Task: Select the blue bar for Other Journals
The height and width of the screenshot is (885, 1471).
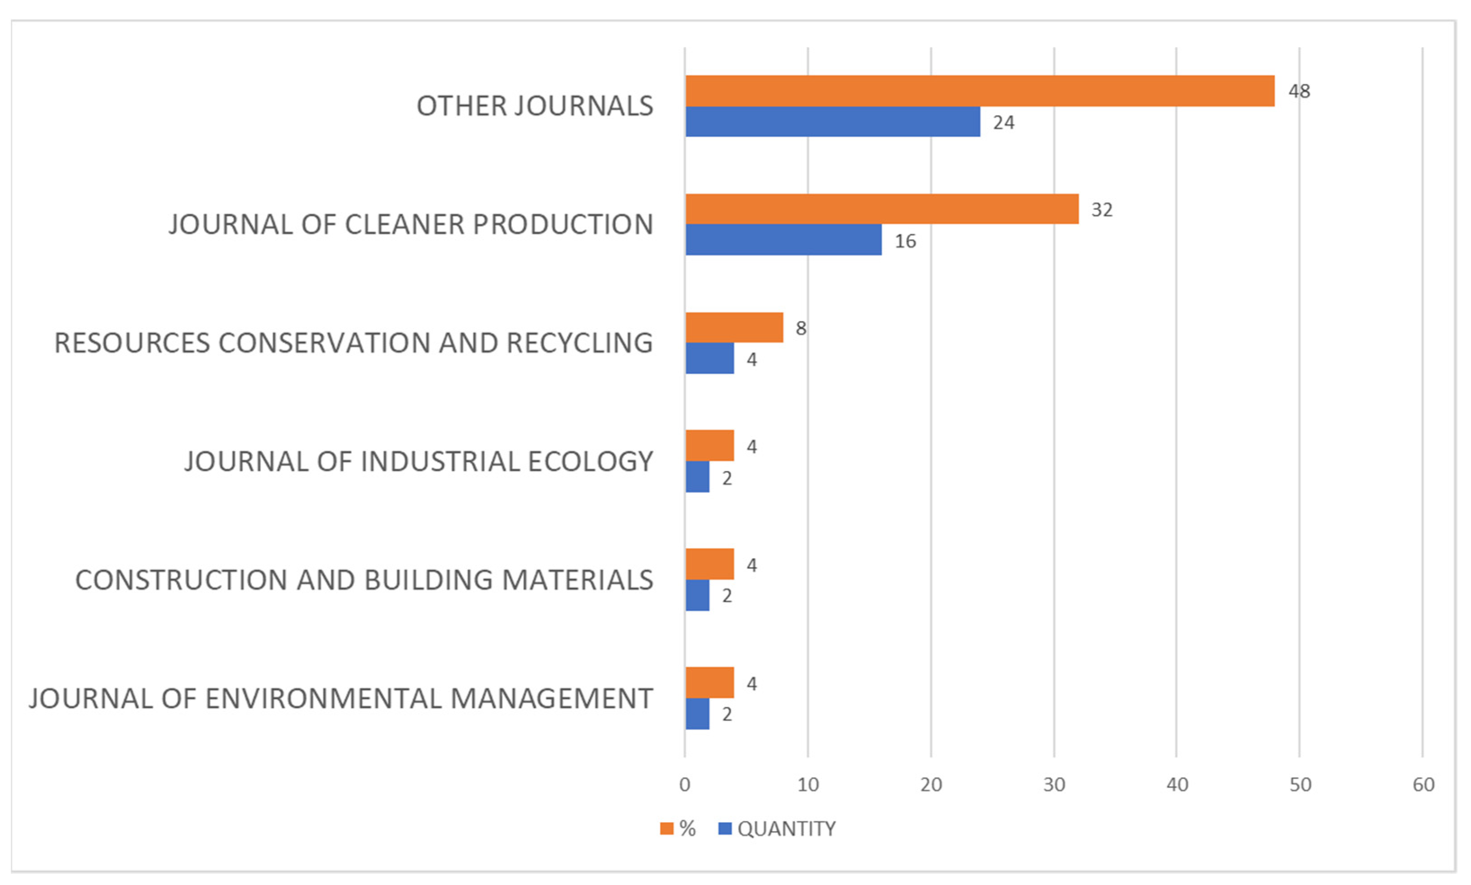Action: [832, 122]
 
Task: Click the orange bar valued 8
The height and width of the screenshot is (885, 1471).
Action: [733, 327]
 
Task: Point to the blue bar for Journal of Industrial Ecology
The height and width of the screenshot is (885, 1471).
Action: [697, 476]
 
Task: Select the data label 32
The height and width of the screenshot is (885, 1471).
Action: [1101, 210]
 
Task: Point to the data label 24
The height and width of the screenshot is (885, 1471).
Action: [1003, 123]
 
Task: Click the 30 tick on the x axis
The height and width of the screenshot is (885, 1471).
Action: [1053, 784]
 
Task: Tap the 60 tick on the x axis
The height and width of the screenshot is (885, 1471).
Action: [1422, 784]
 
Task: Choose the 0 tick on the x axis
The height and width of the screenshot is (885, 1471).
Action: [684, 784]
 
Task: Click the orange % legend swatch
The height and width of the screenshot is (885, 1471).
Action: [666, 828]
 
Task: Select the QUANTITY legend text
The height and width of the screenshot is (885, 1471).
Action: [786, 828]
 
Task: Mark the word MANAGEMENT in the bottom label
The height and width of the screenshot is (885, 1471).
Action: [551, 698]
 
